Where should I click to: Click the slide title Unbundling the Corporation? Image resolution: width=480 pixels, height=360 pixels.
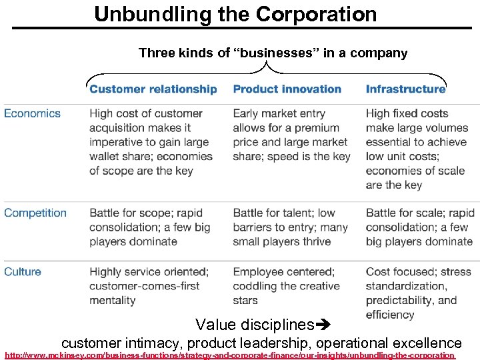point(235,14)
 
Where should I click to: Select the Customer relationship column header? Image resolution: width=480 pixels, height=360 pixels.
point(153,89)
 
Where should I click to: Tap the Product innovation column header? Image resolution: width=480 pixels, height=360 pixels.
point(287,89)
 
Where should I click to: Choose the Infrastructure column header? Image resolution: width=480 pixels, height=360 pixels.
point(405,89)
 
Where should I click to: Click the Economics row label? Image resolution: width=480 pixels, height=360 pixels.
point(32,113)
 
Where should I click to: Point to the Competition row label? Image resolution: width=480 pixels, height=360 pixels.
point(35,213)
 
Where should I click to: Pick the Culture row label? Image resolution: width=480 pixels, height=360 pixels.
point(23,271)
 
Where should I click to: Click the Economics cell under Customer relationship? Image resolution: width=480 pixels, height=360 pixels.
point(151,142)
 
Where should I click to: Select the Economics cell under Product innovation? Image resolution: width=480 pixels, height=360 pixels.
point(291,135)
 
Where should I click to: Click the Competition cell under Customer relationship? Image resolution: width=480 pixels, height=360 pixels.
point(149,227)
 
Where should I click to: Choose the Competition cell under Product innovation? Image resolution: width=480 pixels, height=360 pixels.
point(290,227)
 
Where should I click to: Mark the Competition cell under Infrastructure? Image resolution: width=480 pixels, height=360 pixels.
point(420,227)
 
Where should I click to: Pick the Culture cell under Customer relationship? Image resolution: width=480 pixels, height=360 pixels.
point(149,286)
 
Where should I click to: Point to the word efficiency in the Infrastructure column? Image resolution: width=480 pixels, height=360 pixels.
point(390,315)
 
